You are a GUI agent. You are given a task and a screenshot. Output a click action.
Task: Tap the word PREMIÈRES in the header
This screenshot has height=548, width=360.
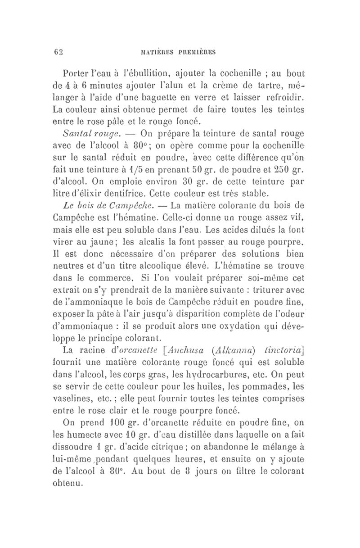[x=194, y=52]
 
